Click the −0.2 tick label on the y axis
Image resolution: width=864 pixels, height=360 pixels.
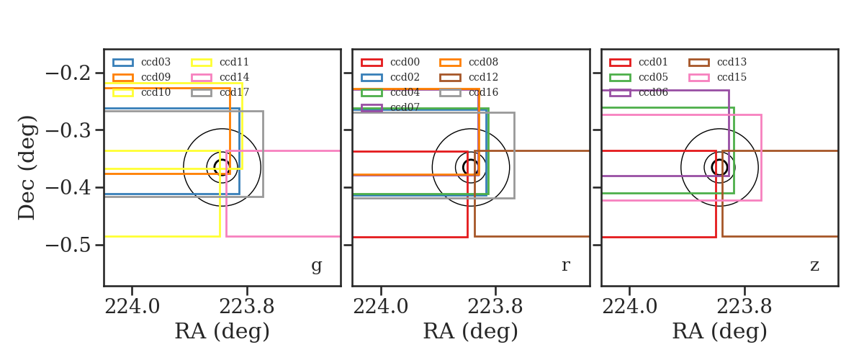coord(68,73)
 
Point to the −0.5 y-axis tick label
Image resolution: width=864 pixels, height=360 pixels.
coord(68,245)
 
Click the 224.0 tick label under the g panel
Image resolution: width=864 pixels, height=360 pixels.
coord(132,307)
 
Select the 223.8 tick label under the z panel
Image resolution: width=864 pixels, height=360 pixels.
coord(744,307)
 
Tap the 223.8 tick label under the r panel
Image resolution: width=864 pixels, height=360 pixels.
coord(495,307)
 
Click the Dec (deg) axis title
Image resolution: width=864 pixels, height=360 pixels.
coord(27,168)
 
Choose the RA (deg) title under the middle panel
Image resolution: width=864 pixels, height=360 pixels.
coord(471,331)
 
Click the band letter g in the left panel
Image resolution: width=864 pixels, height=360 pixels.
coord(316,266)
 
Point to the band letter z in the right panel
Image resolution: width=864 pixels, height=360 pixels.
coord(814,266)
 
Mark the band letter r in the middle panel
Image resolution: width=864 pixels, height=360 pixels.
coord(565,266)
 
